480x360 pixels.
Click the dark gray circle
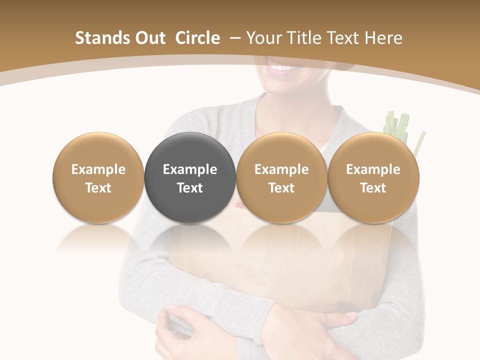pyautogui.click(x=190, y=178)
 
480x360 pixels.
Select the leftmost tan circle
pyautogui.click(x=98, y=178)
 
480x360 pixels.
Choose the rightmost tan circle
pyautogui.click(x=373, y=178)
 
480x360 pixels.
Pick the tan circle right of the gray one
pyautogui.click(x=281, y=178)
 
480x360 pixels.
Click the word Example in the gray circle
pyautogui.click(x=190, y=169)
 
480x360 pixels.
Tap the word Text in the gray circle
pyautogui.click(x=190, y=188)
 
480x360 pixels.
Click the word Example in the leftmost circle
pyautogui.click(x=98, y=169)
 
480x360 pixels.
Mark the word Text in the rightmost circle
pyautogui.click(x=373, y=188)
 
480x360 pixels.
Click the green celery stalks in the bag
pyautogui.click(x=397, y=125)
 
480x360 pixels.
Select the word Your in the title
pyautogui.click(x=263, y=38)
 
